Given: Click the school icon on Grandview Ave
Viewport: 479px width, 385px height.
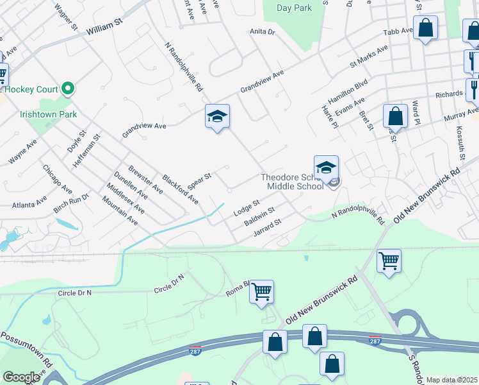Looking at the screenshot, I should point(217,116).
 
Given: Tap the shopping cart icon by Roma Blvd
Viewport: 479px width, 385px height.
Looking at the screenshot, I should point(261,291).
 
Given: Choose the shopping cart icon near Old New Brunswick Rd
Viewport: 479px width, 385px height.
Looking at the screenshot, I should point(389,261).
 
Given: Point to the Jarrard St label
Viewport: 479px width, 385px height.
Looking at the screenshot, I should point(267,227).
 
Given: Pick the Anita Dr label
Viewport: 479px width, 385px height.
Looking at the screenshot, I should point(262,31).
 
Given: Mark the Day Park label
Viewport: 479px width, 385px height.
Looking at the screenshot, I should point(294,8).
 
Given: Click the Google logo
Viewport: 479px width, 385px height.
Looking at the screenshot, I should point(21,377).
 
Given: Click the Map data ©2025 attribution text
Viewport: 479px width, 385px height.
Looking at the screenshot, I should point(451,380).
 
